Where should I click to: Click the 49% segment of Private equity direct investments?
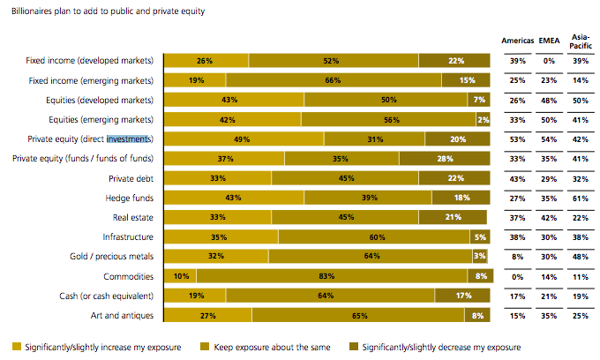pyautogui.click(x=237, y=139)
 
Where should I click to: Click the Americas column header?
pyautogui.click(x=518, y=41)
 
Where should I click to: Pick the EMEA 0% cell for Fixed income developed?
pyautogui.click(x=548, y=61)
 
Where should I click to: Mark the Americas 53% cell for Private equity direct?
pyautogui.click(x=518, y=139)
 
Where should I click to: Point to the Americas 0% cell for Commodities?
pyautogui.click(x=518, y=275)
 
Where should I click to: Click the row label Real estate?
pyautogui.click(x=133, y=217)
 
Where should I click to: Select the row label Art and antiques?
pyautogui.click(x=124, y=314)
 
